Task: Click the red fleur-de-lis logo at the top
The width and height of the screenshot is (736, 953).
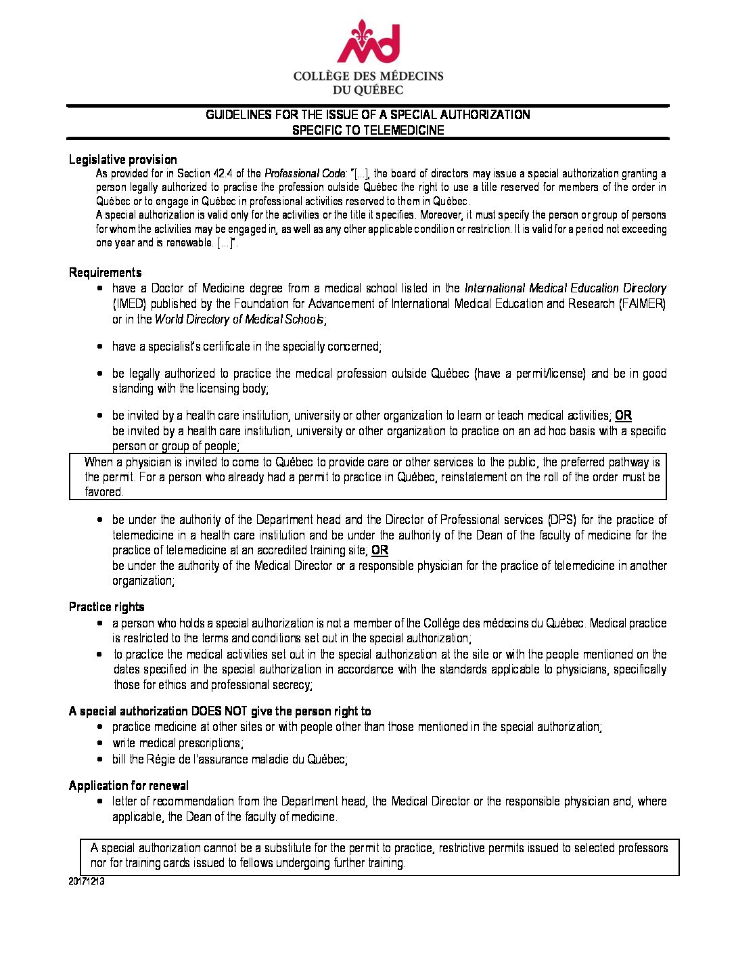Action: (368, 42)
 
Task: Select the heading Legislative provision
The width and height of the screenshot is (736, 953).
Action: (122, 160)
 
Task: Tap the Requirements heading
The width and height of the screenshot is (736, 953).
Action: (105, 273)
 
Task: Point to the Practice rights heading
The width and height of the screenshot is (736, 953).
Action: (106, 607)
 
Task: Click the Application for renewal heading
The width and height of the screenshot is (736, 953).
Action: (129, 786)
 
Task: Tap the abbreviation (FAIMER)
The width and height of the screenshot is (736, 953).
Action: (642, 304)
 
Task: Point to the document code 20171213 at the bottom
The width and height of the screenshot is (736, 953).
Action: (86, 882)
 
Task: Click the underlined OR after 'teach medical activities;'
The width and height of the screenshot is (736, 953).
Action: (623, 416)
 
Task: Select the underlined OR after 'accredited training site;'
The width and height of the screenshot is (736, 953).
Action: (380, 550)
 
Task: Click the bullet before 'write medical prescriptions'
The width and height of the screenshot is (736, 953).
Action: (100, 743)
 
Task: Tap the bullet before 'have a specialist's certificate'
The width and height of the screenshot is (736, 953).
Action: (100, 347)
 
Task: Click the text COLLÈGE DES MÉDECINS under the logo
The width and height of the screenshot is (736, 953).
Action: (368, 76)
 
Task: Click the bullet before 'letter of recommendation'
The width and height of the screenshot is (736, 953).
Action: (100, 801)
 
